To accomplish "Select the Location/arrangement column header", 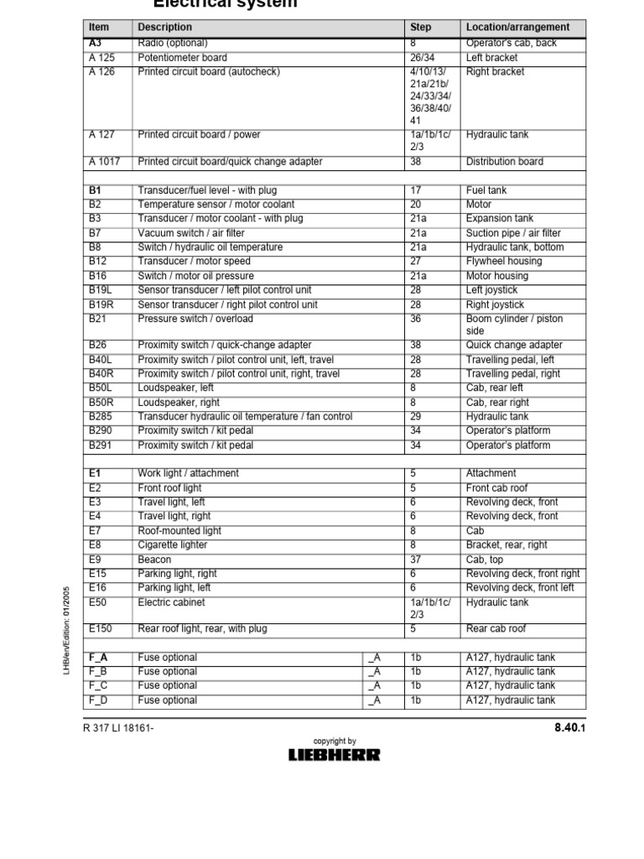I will tap(517, 28).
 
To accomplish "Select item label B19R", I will tap(101, 305).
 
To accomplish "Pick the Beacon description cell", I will tap(154, 560).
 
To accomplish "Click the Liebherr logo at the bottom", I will tap(334, 754).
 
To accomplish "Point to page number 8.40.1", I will tap(569, 728).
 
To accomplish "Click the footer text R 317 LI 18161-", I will tap(121, 728).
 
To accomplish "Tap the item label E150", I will tap(100, 628).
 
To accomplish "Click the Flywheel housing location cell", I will tap(504, 261).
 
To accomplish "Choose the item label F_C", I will tap(96, 685).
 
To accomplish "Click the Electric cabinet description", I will tap(171, 602).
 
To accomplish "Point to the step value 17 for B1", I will tap(415, 190).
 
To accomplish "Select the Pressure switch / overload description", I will tap(195, 319).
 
